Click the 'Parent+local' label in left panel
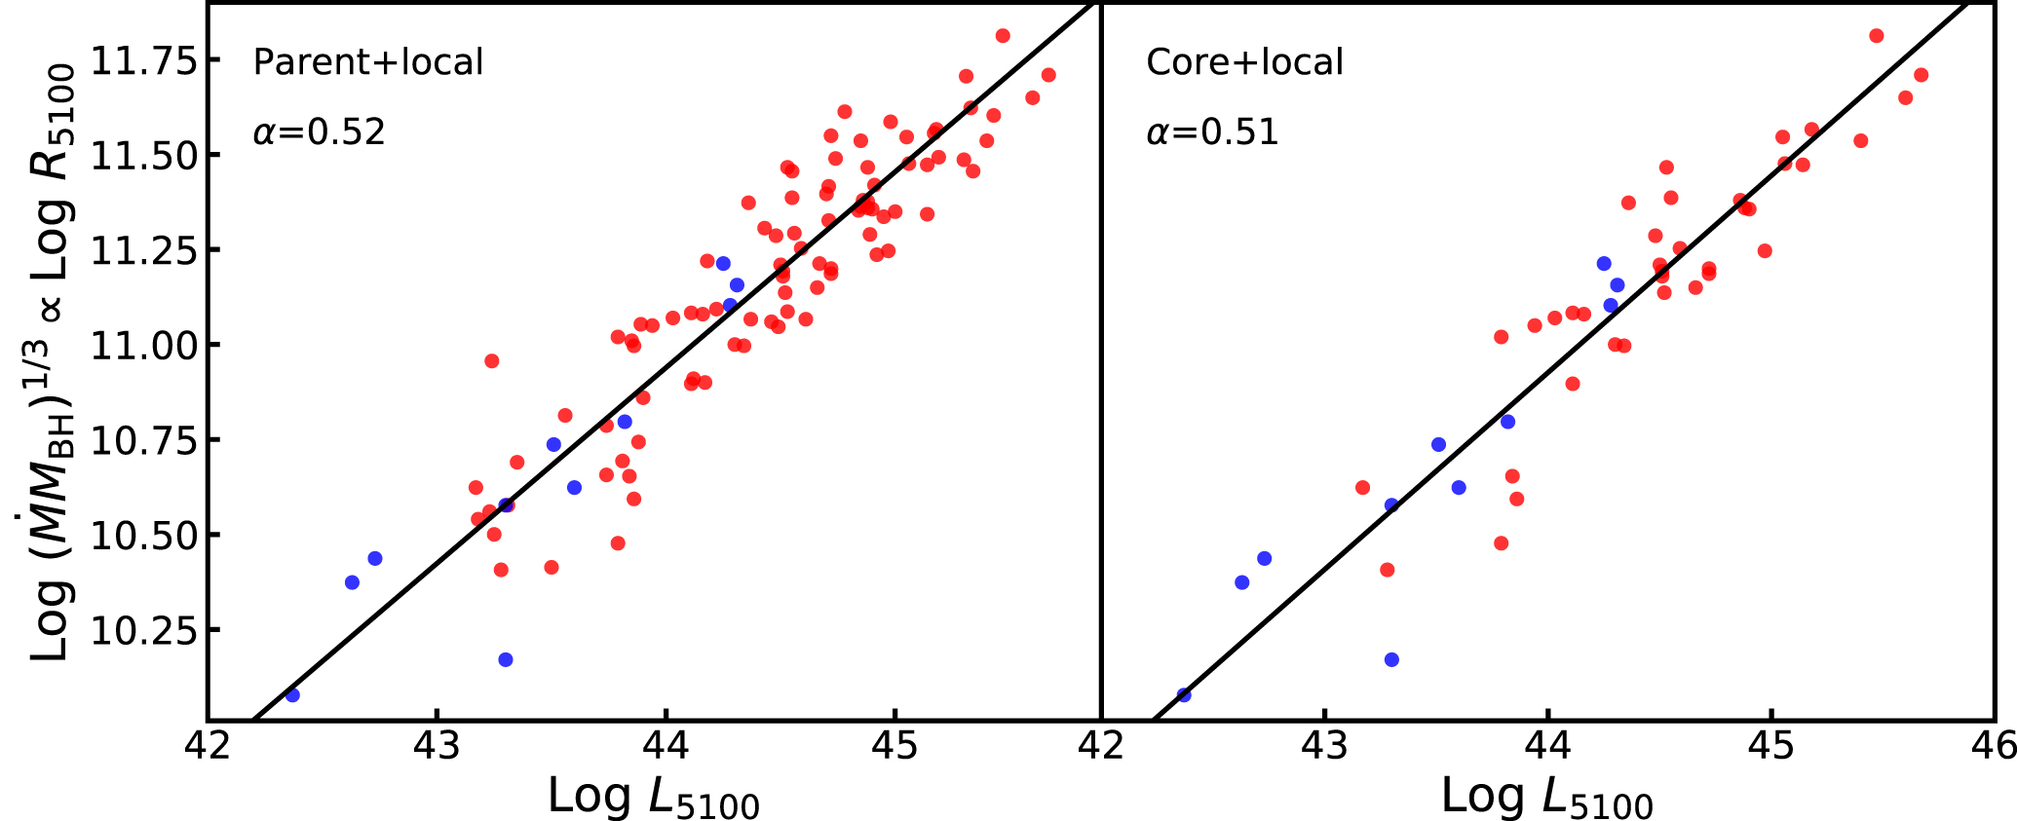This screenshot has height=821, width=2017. tap(367, 62)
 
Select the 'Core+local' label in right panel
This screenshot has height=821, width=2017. tap(1244, 62)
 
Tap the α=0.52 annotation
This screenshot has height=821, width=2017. tap(320, 131)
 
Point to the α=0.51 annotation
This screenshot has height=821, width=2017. tap(1212, 131)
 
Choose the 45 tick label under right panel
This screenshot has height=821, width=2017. tap(1771, 746)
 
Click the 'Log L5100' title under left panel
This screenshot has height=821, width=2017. tap(653, 798)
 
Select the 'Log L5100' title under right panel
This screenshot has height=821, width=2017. tap(1546, 798)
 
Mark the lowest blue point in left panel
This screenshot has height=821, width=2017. tap(292, 694)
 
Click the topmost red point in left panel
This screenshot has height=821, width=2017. tap(1003, 36)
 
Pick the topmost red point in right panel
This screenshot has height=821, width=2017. tap(1877, 36)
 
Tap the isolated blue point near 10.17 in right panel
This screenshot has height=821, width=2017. tap(1391, 659)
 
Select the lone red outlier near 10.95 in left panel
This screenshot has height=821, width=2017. tap(491, 361)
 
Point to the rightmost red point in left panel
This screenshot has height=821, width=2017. tap(1048, 75)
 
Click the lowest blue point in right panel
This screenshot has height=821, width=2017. tap(1184, 694)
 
